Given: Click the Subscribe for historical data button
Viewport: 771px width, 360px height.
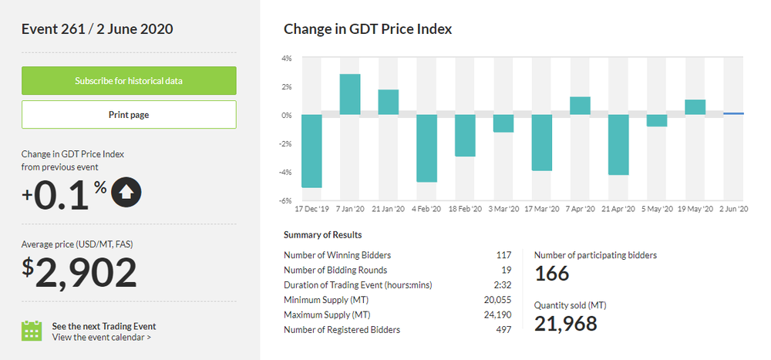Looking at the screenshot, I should (x=129, y=81).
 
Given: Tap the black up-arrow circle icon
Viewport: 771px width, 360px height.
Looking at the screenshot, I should (x=126, y=193).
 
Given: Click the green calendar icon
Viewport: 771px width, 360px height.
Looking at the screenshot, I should (x=32, y=331).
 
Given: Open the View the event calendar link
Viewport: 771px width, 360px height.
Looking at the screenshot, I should (x=101, y=337).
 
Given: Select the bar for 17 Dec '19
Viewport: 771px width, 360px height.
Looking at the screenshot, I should (x=311, y=151).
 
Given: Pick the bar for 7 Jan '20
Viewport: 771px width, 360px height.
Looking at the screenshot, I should (x=350, y=95).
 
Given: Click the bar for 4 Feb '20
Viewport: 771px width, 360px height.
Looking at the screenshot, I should (x=426, y=148).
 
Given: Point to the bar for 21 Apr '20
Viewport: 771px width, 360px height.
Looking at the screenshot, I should (x=618, y=145).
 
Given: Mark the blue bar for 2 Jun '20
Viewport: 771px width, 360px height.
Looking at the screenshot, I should (x=733, y=114).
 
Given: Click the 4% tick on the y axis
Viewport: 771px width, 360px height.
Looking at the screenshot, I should (x=286, y=59).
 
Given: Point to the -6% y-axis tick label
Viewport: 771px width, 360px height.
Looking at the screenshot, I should (x=285, y=200).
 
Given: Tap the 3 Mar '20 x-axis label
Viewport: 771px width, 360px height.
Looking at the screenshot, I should (x=503, y=209).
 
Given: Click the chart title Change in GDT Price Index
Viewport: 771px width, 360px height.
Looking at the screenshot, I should (x=368, y=29).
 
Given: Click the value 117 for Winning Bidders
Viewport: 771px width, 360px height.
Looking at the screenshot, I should (x=503, y=255).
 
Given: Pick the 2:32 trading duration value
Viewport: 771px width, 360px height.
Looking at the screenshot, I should (x=502, y=285).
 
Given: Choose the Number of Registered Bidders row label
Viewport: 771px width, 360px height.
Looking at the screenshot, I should (x=342, y=330).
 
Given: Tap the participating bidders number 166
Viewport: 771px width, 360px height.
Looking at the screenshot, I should (x=551, y=274).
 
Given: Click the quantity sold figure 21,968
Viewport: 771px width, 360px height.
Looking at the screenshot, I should (x=565, y=324).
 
